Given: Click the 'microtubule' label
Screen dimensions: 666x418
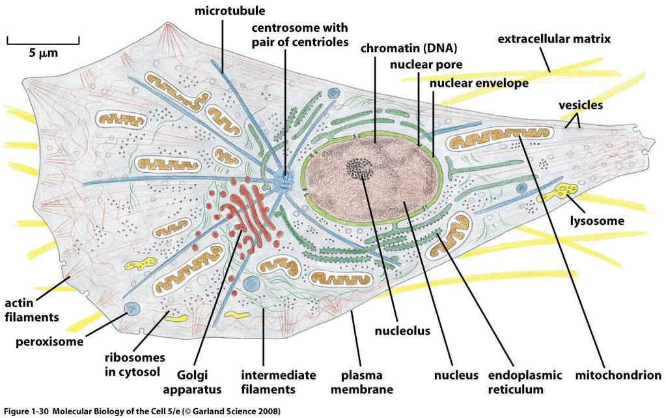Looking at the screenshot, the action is click(229, 10).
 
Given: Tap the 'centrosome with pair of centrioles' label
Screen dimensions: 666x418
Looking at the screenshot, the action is click(300, 35).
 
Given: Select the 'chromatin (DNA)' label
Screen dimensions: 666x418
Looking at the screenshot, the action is click(409, 48).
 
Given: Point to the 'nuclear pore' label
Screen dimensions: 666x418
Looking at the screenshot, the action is click(426, 65).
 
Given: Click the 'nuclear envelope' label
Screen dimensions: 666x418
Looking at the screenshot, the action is click(479, 83).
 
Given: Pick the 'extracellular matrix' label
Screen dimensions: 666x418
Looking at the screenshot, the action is click(554, 39).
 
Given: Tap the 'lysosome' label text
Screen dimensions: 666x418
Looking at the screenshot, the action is click(597, 220).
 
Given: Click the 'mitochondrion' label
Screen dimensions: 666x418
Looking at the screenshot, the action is click(618, 375).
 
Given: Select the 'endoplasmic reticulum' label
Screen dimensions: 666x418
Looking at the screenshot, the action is click(525, 382).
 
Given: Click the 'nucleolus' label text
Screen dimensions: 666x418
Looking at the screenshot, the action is click(402, 331).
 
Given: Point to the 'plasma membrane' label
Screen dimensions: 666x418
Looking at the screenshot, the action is click(362, 382).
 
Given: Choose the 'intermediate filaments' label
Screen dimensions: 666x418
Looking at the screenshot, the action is click(278, 382).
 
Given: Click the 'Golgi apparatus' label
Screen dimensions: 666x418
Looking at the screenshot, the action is click(193, 382).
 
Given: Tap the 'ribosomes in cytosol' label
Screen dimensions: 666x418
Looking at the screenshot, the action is click(135, 365).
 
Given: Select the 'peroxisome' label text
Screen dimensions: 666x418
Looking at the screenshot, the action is click(49, 342).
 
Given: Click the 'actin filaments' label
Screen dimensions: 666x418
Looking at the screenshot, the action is click(32, 310).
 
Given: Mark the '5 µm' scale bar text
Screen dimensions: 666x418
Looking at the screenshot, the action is click(44, 53).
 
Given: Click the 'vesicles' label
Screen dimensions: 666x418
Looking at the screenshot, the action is click(581, 105).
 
